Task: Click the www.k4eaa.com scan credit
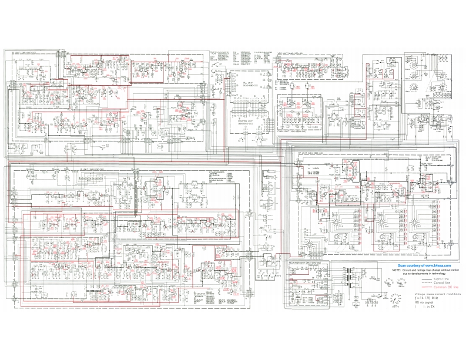[420, 266]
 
